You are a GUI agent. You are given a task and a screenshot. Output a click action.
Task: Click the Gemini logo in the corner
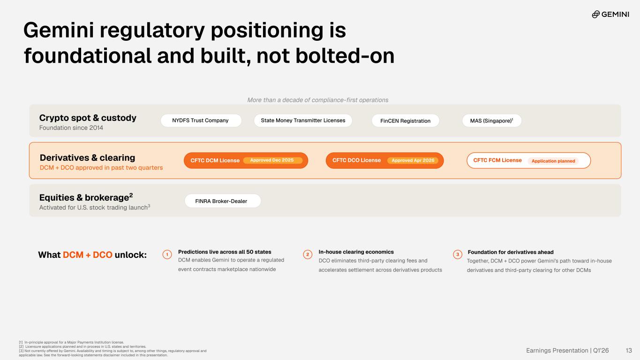610,14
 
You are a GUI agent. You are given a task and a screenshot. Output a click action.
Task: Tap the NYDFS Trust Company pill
201,120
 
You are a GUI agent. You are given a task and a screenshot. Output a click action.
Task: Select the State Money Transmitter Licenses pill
303,120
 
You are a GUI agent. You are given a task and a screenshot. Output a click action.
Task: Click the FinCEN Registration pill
406,121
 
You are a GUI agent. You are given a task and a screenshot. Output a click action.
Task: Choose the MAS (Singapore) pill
492,121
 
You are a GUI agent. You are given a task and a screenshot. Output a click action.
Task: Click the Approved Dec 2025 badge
272,160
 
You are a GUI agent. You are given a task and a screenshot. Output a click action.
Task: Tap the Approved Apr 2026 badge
413,161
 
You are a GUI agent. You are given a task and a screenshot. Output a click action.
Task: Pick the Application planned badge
553,161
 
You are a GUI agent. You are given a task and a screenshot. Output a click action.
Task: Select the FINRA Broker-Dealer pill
223,201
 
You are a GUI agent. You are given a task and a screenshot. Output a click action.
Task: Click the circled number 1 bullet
167,254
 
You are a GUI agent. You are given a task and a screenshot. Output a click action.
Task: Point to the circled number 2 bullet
308,254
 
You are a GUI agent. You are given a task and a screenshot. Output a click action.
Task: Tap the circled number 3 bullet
458,254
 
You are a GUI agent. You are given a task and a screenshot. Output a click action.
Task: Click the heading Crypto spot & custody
88,118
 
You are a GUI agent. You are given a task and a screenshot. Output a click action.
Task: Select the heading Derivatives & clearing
87,157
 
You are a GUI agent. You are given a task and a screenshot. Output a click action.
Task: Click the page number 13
629,351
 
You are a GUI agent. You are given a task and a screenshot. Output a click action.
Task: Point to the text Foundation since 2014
71,127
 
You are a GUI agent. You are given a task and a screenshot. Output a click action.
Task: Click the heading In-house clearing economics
356,252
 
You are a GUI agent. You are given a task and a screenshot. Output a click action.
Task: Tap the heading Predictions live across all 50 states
225,252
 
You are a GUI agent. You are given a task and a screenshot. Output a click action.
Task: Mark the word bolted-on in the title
345,56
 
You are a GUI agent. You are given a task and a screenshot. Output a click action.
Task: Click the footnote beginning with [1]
71,342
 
